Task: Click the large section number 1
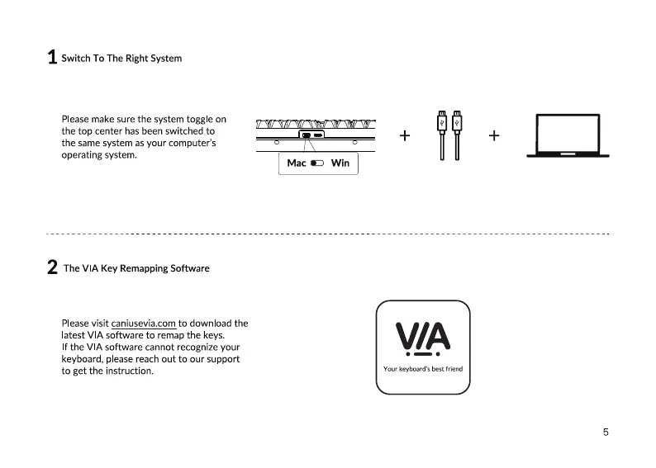52,58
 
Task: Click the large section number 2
52,267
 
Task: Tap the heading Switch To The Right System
121,59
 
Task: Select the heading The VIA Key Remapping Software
136,268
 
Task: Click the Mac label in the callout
296,163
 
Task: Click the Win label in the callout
340,163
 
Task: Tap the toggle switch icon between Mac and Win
318,163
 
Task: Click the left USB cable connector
443,121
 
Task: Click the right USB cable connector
456,121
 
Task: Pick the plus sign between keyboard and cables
405,135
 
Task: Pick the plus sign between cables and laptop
493,135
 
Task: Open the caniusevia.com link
144,324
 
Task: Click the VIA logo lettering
423,335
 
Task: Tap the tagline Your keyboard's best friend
423,369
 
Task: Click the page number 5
606,432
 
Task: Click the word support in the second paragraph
223,359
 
